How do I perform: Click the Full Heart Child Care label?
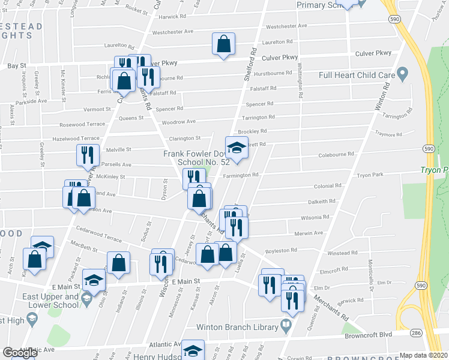[x=357, y=75]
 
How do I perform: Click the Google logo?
[x=20, y=353]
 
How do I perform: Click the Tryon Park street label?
[x=369, y=175]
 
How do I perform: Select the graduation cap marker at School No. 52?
[x=237, y=148]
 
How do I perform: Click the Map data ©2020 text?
[x=424, y=355]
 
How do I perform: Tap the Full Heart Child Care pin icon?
[x=402, y=75]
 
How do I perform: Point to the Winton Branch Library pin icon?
[x=286, y=327]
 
